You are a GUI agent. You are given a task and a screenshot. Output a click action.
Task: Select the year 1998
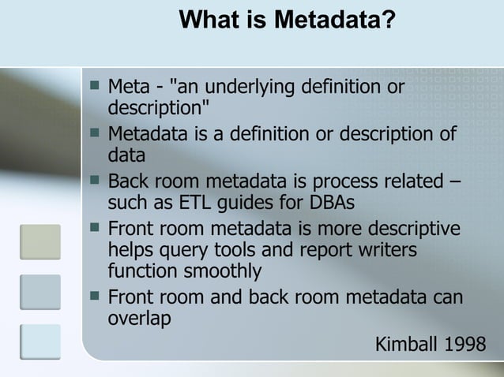(467, 345)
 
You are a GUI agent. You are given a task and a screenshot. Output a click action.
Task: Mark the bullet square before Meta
(95, 84)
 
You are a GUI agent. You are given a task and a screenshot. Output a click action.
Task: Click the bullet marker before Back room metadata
(95, 180)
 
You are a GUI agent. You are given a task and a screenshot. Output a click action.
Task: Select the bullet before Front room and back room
(95, 297)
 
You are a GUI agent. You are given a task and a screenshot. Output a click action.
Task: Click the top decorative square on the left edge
(40, 241)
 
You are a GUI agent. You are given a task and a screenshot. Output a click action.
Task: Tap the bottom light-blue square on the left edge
(40, 341)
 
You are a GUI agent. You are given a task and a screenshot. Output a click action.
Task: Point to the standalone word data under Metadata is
(126, 155)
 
